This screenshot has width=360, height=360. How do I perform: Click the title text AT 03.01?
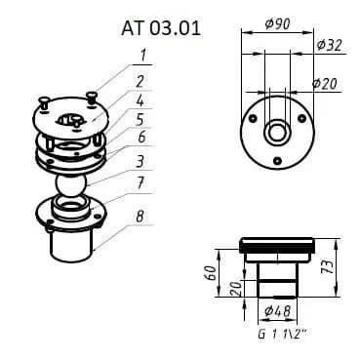(x=161, y=28)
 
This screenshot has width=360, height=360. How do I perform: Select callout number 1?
(x=142, y=56)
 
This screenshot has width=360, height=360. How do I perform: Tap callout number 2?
(x=140, y=81)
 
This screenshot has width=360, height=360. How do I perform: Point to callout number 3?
(x=140, y=161)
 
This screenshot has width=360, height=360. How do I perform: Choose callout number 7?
(x=140, y=183)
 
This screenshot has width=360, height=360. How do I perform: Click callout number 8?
(x=140, y=217)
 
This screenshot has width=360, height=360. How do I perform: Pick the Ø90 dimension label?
(x=277, y=24)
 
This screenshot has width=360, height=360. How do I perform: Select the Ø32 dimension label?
(x=329, y=45)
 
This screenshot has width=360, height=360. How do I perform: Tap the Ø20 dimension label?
(x=325, y=84)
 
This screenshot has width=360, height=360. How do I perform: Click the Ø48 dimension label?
(x=277, y=311)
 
